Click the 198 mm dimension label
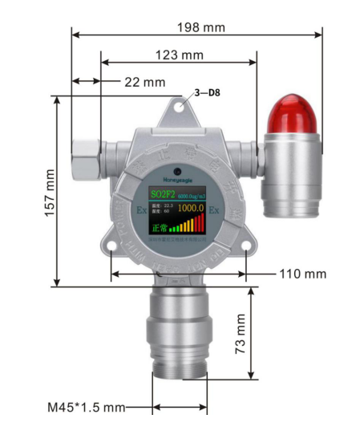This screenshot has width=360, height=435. click(201, 27)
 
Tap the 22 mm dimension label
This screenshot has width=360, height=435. click(144, 82)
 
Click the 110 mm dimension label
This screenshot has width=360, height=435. click(303, 274)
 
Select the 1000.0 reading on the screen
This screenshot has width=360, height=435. click(191, 208)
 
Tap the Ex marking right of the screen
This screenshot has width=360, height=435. click(214, 210)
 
